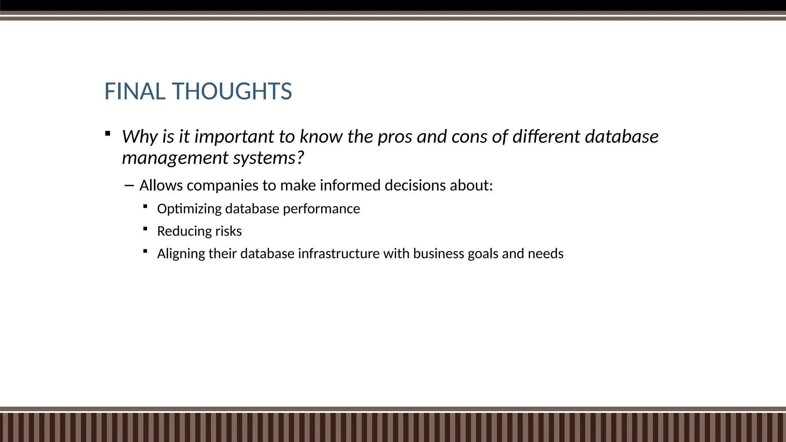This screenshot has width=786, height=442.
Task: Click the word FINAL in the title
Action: point(135,92)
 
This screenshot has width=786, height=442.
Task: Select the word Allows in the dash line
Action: point(161,185)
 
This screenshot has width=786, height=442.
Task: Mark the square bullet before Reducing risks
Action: point(145,229)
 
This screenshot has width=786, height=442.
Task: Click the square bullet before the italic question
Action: point(108,134)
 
